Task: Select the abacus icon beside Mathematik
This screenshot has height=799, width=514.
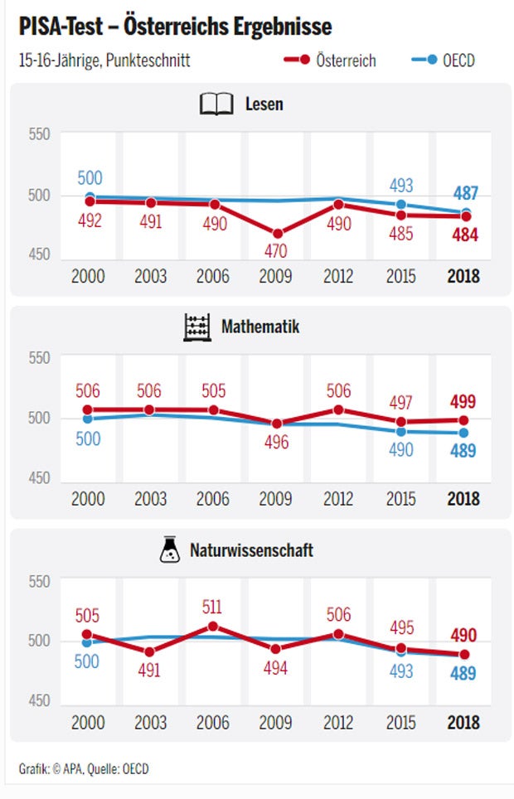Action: point(196,327)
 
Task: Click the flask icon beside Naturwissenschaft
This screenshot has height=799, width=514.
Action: point(170,550)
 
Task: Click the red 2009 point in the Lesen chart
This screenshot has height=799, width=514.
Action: point(277,234)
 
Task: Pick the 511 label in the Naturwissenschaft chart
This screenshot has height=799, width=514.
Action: point(213,606)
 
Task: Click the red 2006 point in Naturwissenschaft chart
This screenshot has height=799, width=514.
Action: point(213,626)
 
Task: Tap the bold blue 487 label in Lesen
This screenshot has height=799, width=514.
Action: point(465,193)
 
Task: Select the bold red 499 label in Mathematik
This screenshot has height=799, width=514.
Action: point(463,402)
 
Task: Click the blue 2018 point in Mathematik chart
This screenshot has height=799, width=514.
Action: point(464,433)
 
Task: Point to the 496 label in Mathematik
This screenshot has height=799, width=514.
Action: point(276,443)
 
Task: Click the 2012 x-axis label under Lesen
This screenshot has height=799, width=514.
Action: point(338,276)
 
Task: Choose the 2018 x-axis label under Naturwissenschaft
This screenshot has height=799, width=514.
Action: point(463,722)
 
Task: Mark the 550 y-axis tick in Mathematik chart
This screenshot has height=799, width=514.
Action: point(39,357)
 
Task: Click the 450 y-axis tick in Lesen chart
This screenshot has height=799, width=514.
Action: point(39,254)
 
